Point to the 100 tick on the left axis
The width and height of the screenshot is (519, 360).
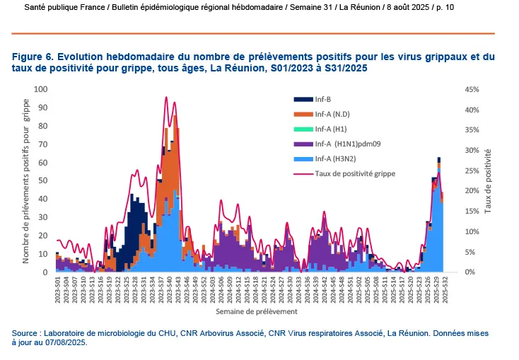coord(41,89)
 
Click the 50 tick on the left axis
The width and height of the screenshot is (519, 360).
coord(43,180)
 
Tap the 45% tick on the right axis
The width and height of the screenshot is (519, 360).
coord(472,89)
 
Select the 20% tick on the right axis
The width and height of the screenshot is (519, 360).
coord(472,191)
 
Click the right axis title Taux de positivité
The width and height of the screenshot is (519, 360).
coord(489,180)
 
